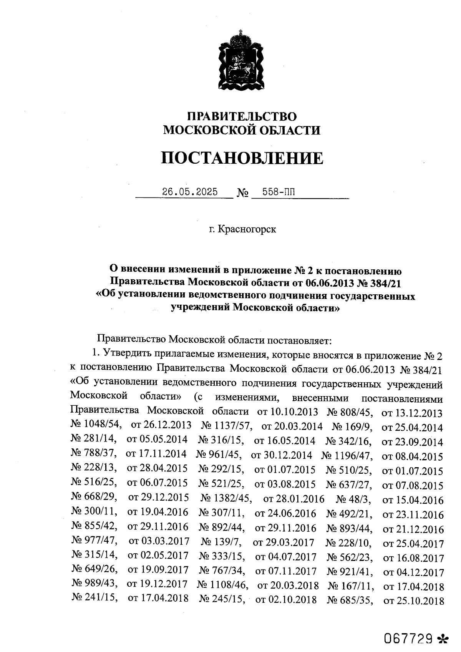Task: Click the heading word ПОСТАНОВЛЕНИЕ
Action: point(242,158)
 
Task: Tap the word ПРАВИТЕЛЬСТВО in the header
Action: point(242,116)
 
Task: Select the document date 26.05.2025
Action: point(190,192)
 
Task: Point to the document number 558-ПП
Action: point(279,192)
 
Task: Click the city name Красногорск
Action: point(247,229)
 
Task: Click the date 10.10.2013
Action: point(294,412)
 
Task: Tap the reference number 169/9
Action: point(358,426)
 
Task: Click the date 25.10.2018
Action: point(420,601)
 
